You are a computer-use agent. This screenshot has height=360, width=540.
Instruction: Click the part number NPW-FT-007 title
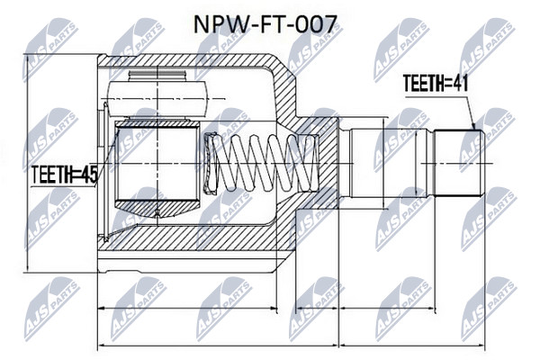coord(265,25)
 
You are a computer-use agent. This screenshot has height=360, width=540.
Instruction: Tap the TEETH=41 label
coord(436,84)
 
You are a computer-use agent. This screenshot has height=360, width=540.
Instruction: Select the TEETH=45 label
coord(65,175)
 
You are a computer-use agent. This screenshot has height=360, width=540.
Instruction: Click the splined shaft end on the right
coord(458,163)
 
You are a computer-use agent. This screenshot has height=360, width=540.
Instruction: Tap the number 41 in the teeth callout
coord(460,84)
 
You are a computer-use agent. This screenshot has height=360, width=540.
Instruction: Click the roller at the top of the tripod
coord(157,98)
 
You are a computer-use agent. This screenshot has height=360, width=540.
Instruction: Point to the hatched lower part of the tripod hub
coord(157,209)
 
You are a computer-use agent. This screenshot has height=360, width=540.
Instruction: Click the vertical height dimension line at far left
coord(27,163)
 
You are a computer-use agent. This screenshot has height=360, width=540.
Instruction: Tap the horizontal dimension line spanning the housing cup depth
coord(188,308)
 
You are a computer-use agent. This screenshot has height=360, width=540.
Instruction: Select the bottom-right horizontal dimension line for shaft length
coord(412,345)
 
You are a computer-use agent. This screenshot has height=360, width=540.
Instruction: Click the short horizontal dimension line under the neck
coord(318,308)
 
